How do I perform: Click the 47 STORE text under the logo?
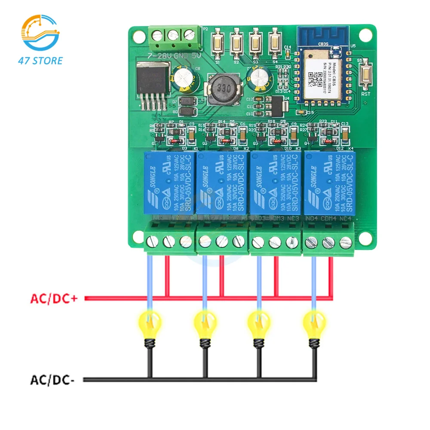click(x=40, y=60)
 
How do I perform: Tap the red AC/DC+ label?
click(x=54, y=298)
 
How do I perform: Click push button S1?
click(x=218, y=43)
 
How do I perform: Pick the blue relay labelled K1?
click(x=169, y=183)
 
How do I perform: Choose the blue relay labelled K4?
click(x=330, y=183)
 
